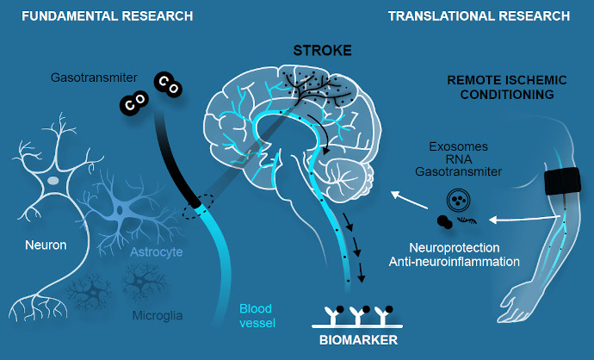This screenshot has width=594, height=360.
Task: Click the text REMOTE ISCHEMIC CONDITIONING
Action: [x=508, y=88]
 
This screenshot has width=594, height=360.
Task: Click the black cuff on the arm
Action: [x=563, y=182]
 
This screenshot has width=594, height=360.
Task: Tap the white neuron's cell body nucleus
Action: [x=53, y=181]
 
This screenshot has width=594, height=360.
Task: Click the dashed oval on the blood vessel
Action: [x=197, y=210]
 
